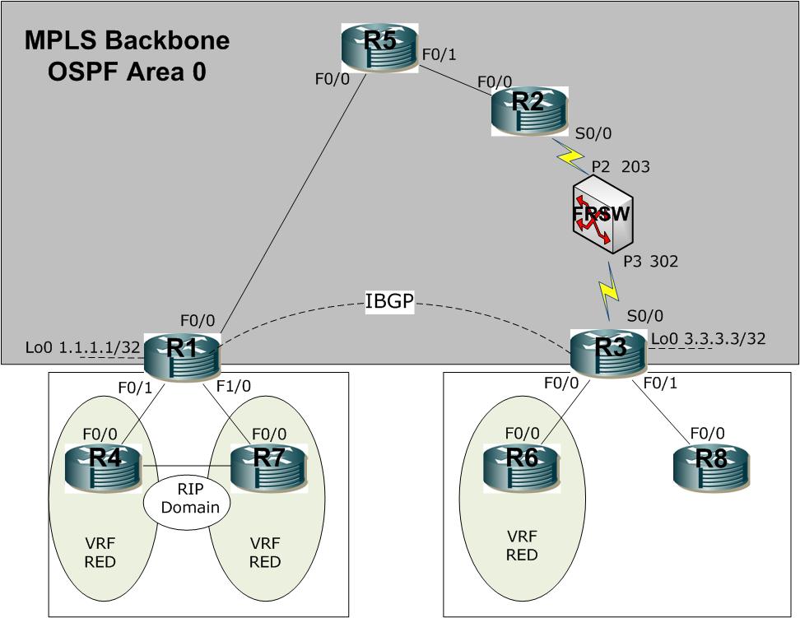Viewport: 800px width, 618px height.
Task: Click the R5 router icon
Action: pos(379,48)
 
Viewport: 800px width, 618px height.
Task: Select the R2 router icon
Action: pos(529,111)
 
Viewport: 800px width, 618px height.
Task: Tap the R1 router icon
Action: pos(182,358)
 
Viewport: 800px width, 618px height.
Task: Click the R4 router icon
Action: pos(104,468)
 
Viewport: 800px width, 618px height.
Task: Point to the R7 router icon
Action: pos(269,468)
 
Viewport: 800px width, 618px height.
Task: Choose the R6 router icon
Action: pos(523,468)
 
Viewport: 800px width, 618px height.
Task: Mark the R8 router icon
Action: pos(712,468)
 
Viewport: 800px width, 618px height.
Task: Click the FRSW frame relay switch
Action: pos(602,214)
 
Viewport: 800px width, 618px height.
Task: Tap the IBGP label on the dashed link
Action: pos(389,301)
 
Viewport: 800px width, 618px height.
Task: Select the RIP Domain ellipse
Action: pos(187,499)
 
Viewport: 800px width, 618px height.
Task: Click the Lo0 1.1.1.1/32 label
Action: pos(82,347)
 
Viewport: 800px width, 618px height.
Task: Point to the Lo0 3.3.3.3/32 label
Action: pos(708,338)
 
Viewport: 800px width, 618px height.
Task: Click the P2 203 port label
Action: pos(621,167)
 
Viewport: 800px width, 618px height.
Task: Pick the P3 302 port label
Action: pos(651,262)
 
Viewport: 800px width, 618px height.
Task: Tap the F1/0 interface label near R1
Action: pos(234,386)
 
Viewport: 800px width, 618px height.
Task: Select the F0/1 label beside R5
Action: pos(440,54)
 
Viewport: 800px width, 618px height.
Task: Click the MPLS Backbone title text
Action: pos(127,39)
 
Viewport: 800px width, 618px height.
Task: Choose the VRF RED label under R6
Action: pos(522,546)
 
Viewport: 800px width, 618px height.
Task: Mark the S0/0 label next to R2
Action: pos(593,133)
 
